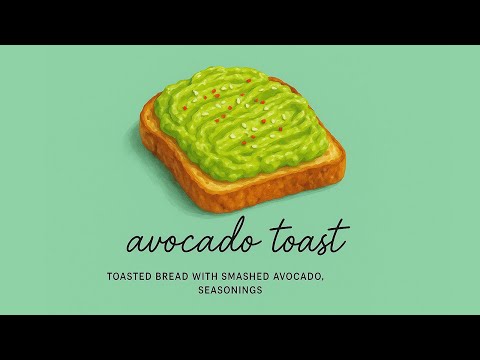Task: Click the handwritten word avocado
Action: (188, 241)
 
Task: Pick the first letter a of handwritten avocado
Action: (135, 244)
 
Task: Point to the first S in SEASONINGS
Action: (202, 291)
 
